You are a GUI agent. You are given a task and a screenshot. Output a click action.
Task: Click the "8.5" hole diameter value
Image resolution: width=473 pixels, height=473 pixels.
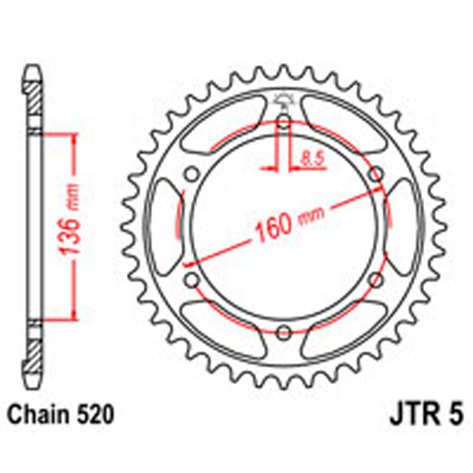313,158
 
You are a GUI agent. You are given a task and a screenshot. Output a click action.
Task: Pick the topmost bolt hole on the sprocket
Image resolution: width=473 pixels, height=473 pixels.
284,121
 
